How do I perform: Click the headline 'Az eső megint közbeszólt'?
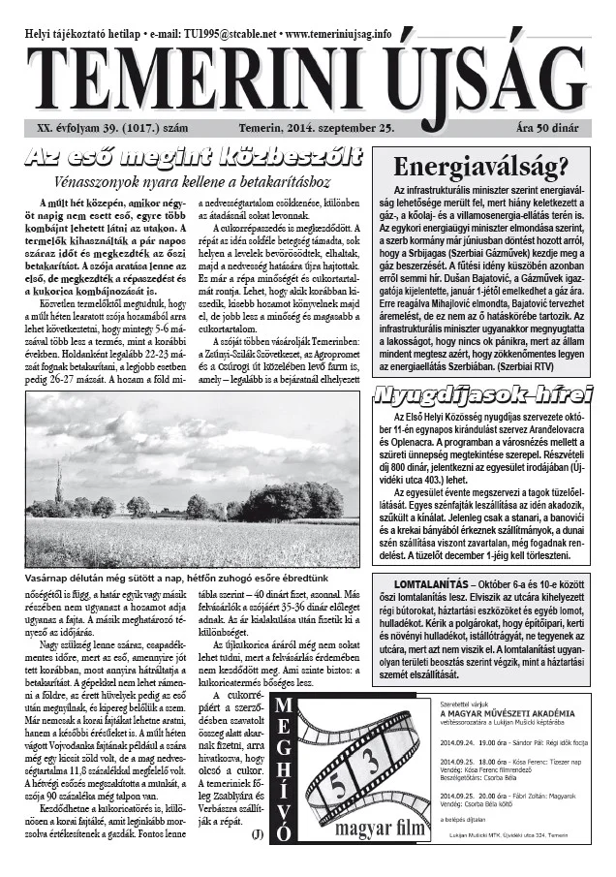[x=194, y=157]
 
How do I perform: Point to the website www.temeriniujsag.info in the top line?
[x=329, y=33]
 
